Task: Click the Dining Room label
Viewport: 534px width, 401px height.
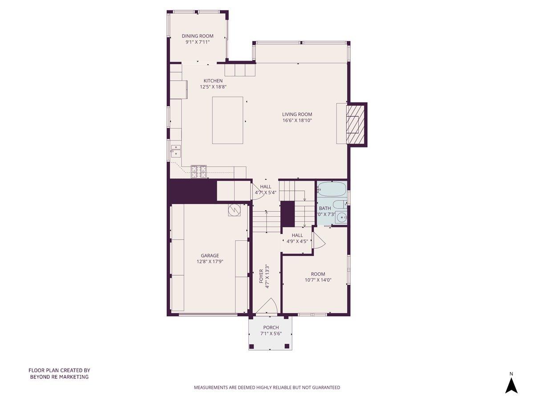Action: tap(197, 36)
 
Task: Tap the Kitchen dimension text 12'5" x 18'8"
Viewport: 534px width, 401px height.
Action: tap(213, 87)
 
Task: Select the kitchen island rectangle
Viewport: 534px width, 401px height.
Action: tap(227, 120)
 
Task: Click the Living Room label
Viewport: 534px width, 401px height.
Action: tap(297, 114)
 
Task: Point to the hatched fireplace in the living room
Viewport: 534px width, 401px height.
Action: tap(356, 125)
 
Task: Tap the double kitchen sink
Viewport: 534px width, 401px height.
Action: tap(175, 150)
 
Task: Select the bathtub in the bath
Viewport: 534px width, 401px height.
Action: tap(332, 190)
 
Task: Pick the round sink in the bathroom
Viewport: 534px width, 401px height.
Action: tap(341, 218)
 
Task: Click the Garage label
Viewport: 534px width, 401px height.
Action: tap(210, 256)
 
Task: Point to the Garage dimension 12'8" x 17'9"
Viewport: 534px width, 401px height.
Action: tap(210, 262)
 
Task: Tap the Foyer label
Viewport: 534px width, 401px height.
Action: tap(262, 276)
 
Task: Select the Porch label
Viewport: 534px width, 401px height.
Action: tap(271, 327)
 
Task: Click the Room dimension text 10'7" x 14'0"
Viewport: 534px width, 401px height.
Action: tap(318, 280)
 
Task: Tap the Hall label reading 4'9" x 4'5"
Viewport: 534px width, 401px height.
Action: tap(297, 241)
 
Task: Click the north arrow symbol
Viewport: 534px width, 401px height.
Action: tap(511, 384)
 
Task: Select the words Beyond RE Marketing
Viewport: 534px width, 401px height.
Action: tap(59, 377)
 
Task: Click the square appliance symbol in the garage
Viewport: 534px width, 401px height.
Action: tap(234, 210)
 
